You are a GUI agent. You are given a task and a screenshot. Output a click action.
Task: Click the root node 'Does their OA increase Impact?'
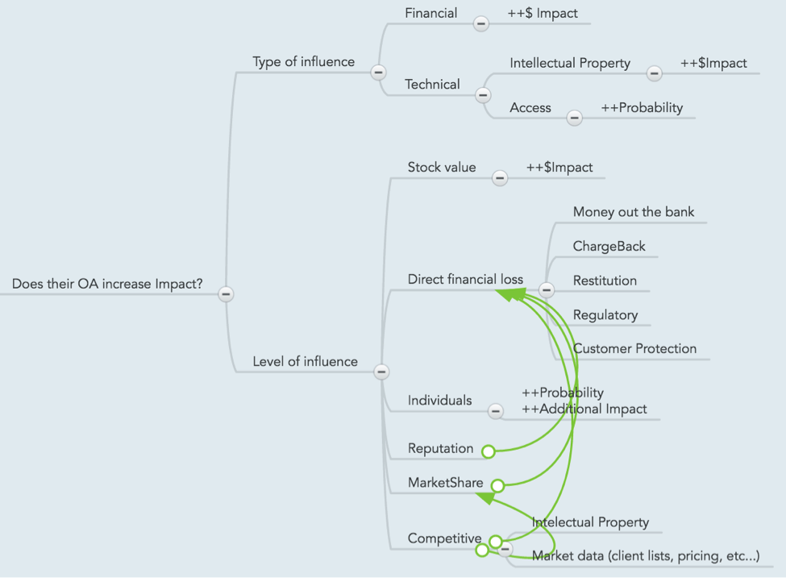(107, 284)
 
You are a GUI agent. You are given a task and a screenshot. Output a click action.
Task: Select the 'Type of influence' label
(303, 61)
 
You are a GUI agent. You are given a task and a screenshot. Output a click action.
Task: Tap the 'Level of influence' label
(305, 361)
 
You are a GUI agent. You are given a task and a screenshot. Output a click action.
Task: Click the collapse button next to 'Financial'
(481, 23)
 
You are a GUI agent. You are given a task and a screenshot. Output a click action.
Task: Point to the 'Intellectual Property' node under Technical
(570, 63)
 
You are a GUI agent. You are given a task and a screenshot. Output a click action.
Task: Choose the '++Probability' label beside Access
(642, 108)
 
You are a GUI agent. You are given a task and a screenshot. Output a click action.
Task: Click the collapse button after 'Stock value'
(500, 178)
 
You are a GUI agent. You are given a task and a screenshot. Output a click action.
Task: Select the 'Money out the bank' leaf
(634, 212)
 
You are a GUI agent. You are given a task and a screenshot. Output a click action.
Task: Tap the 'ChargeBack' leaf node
(609, 246)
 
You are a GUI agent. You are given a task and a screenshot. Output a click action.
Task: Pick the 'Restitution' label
(605, 281)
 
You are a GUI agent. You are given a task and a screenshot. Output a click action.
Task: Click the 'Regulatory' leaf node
(605, 315)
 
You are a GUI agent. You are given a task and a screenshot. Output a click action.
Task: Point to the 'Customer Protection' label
(634, 349)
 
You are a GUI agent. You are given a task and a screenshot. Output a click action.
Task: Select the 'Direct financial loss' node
(465, 279)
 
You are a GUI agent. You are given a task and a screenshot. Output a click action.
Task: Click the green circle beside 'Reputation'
(489, 451)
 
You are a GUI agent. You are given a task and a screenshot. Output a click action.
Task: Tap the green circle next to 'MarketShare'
(497, 485)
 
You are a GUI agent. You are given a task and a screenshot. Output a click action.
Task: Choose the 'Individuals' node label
(439, 401)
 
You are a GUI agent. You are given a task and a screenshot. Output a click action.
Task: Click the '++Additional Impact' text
(584, 409)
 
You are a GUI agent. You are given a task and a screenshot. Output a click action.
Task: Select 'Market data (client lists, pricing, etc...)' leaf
(646, 556)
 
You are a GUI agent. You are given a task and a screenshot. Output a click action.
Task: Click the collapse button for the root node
(226, 293)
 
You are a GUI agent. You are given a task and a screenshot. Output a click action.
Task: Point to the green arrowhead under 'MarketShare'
(486, 498)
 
